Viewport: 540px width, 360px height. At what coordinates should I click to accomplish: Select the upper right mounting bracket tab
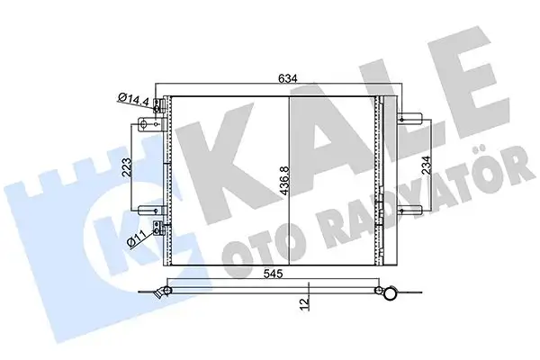410,116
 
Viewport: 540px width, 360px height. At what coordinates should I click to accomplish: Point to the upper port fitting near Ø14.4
159,105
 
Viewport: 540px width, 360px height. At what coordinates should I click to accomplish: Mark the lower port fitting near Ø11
159,228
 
